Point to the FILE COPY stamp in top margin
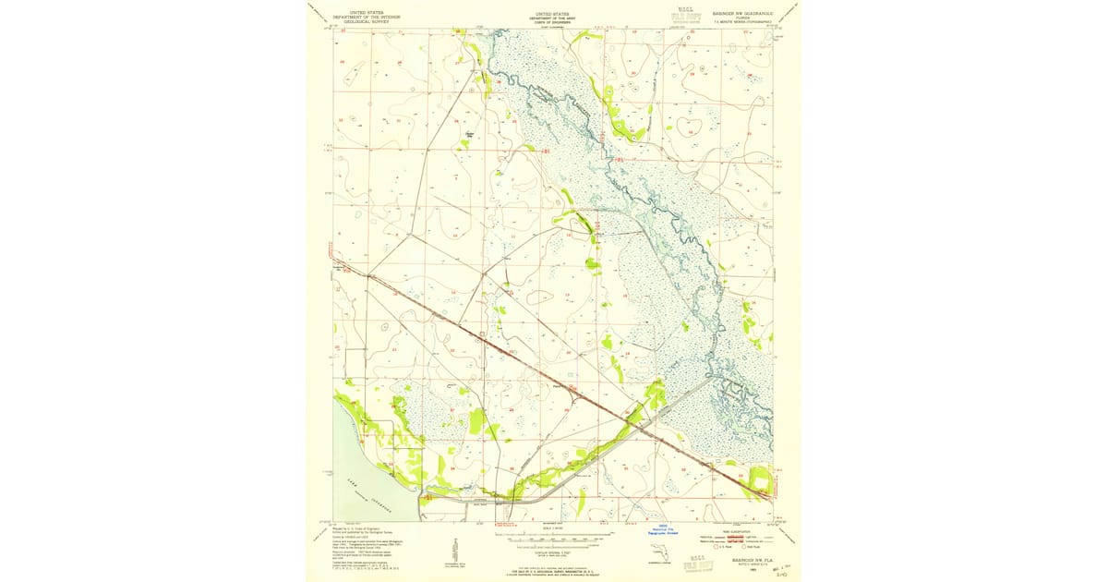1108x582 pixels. (x=680, y=17)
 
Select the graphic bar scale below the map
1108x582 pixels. (x=552, y=536)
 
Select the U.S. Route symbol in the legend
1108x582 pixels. (x=709, y=548)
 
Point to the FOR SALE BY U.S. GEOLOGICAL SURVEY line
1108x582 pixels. (x=552, y=572)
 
